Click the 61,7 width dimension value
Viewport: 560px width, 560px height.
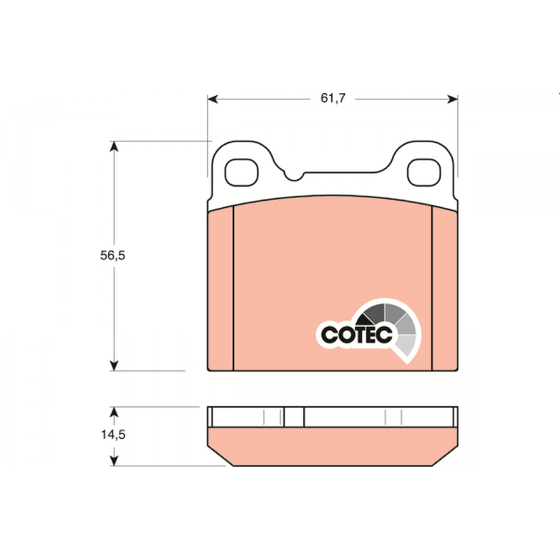click(x=333, y=98)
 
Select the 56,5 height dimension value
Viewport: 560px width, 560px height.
click(x=112, y=255)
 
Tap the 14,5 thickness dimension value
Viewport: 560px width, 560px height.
click(x=113, y=434)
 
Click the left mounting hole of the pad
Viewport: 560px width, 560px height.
click(x=241, y=172)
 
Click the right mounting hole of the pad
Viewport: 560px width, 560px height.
click(x=424, y=172)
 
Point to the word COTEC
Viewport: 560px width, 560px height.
click(x=357, y=335)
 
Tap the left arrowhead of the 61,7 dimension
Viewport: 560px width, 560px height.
click(x=213, y=99)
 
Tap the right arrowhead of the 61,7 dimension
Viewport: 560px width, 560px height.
click(x=453, y=99)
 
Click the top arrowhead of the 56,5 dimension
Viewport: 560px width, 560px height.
click(x=114, y=146)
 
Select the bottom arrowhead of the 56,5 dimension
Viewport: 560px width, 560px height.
click(x=114, y=366)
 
